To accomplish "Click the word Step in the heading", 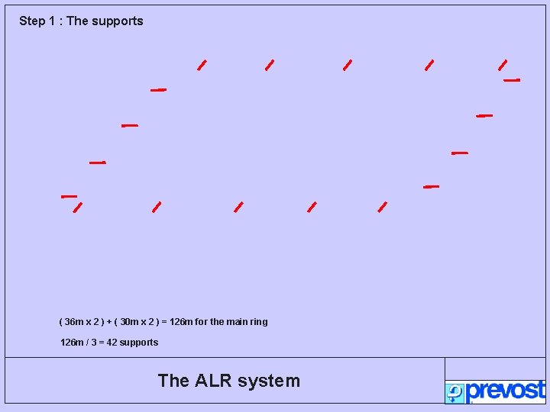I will (32, 21).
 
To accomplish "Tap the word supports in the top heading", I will (117, 21).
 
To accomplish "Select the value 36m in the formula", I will (73, 322).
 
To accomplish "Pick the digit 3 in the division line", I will (92, 343).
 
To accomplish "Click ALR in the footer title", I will (215, 381).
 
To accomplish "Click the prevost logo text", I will (506, 391).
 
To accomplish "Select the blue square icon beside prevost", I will (455, 393).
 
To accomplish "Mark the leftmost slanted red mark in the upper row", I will (202, 65).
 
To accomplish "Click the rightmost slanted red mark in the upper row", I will (503, 65).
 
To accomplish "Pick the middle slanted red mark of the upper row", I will (348, 65).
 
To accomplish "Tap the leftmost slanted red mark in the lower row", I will (77, 207).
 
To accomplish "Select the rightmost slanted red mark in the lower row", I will (383, 207).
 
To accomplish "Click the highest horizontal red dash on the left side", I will (158, 90).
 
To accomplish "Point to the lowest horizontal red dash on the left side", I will (69, 196).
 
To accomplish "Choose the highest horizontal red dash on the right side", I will (512, 80).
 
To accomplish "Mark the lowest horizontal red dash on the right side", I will (432, 186).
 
